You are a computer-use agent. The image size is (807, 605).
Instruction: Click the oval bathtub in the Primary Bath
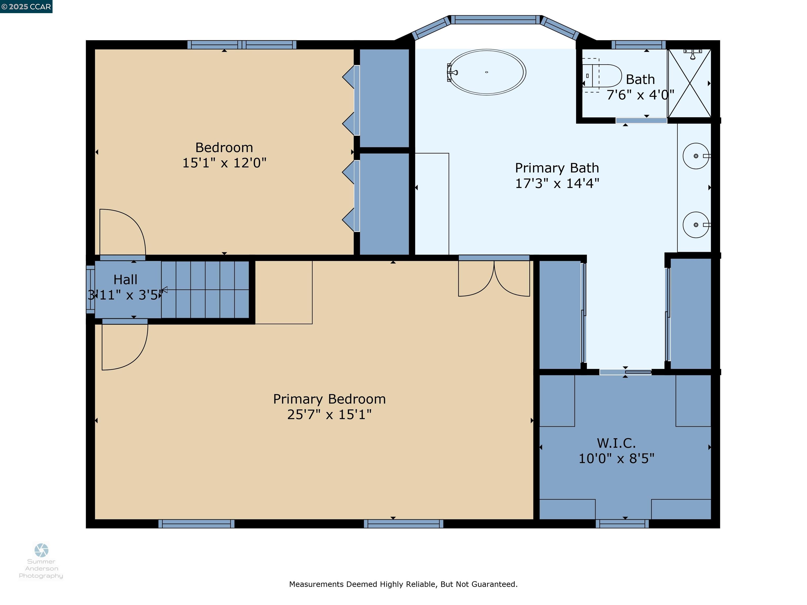coord(487,72)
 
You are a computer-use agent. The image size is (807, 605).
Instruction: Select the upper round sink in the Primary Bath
coord(695,156)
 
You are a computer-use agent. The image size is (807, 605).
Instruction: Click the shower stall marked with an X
coord(689,83)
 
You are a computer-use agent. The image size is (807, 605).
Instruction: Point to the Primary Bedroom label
coord(329,399)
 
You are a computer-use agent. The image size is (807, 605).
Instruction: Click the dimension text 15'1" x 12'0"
coord(224,163)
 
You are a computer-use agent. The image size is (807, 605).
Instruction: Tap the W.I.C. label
coord(616,443)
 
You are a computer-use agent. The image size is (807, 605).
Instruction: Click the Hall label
coord(125,280)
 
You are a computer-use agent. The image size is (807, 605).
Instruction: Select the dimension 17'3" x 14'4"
coord(557,183)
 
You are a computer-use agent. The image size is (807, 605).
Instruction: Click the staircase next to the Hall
coord(205,290)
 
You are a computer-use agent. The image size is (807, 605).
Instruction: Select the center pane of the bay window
coord(495,20)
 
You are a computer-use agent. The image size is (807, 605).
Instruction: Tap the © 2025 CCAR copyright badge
coord(26,7)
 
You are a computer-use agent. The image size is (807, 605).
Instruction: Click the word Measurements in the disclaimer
coord(316,584)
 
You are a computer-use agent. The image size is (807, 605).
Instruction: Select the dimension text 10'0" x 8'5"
coord(616,458)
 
